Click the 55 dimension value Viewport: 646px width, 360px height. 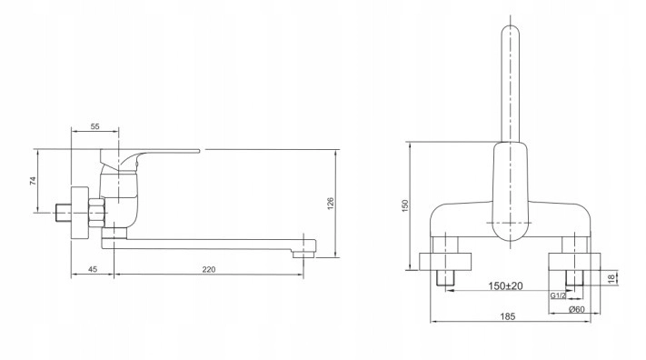click(94, 126)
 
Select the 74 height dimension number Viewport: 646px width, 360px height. click(34, 181)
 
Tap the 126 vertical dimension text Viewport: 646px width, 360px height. click(331, 204)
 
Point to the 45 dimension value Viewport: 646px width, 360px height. click(93, 269)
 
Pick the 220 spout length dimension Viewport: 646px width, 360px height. click(209, 269)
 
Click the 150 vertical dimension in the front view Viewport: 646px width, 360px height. click(405, 205)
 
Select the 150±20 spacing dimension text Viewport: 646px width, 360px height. click(505, 285)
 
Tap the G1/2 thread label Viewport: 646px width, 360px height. click(558, 295)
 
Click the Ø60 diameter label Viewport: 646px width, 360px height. click(576, 309)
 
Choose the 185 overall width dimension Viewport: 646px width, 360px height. click(508, 316)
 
